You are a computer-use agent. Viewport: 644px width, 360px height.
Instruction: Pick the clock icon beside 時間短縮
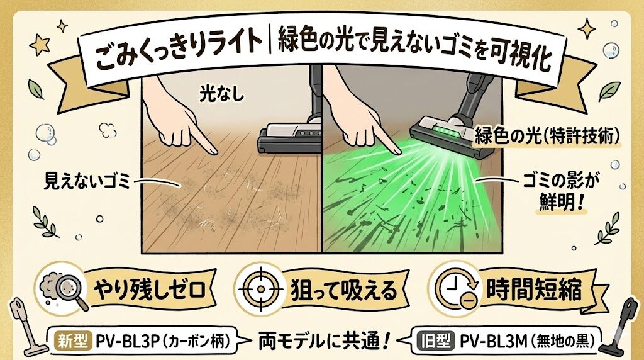[453, 290]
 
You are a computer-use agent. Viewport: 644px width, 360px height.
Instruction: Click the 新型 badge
[74, 340]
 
